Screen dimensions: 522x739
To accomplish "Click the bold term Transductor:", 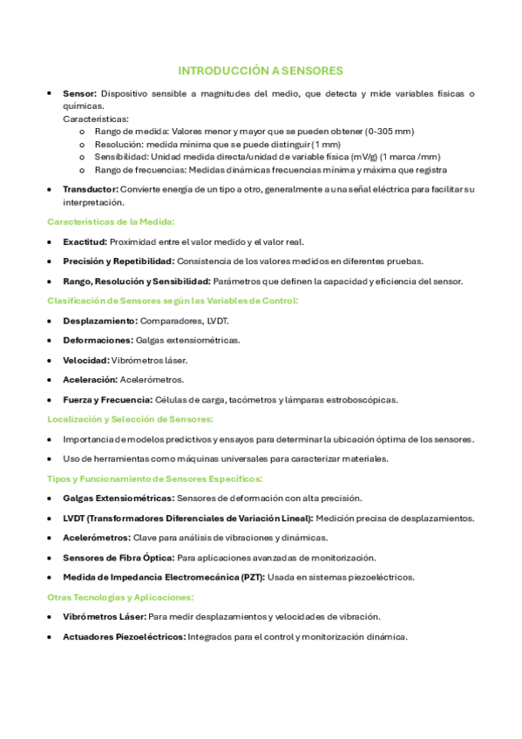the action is click(91, 189).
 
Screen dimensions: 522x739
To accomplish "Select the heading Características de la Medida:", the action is click(111, 221).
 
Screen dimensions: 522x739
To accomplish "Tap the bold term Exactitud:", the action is click(85, 241).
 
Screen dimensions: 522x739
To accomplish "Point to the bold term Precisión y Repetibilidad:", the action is click(119, 261).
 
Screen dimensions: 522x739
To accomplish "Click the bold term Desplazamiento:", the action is click(100, 321).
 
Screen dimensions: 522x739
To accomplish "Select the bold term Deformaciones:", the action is click(98, 340).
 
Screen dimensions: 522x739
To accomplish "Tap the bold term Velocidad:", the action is click(86, 360).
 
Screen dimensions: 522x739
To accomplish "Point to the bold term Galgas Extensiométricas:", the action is click(119, 498).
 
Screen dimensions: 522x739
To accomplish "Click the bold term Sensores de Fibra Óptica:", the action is click(119, 557).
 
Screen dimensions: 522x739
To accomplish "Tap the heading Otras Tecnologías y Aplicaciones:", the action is click(121, 597).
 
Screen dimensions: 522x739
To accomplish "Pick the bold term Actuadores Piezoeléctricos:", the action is click(124, 636).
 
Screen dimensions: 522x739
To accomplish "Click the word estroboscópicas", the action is click(357, 399).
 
